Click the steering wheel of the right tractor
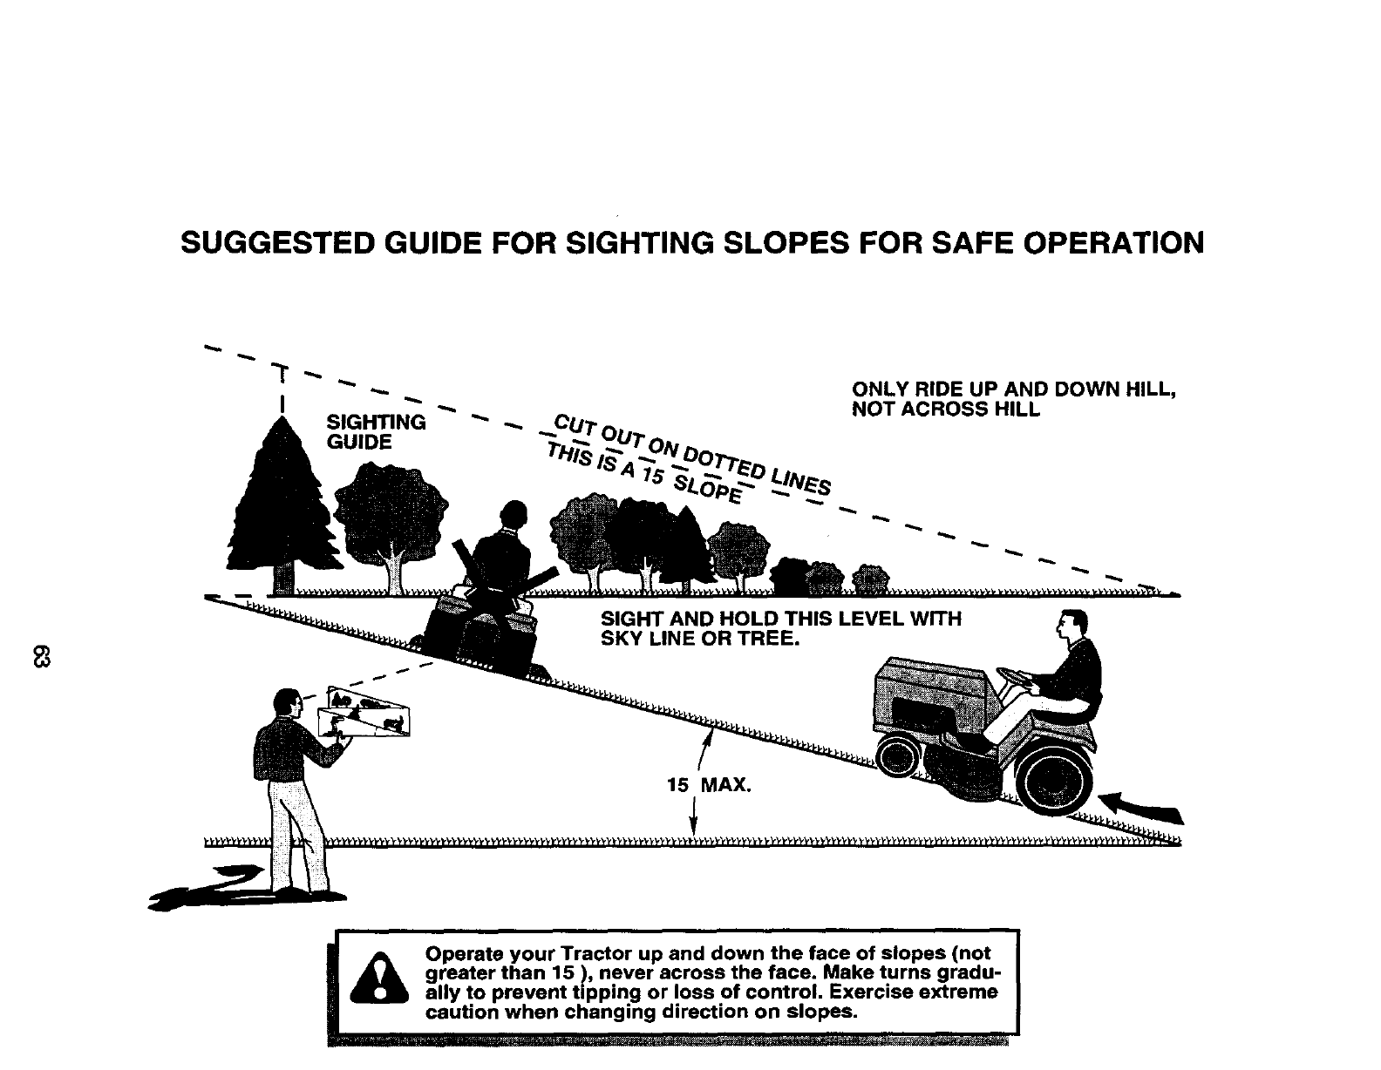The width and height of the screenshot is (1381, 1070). (1016, 676)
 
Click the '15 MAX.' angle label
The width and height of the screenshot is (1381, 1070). (708, 786)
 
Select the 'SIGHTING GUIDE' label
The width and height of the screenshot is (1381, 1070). (376, 432)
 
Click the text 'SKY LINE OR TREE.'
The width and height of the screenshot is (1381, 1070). (699, 639)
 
